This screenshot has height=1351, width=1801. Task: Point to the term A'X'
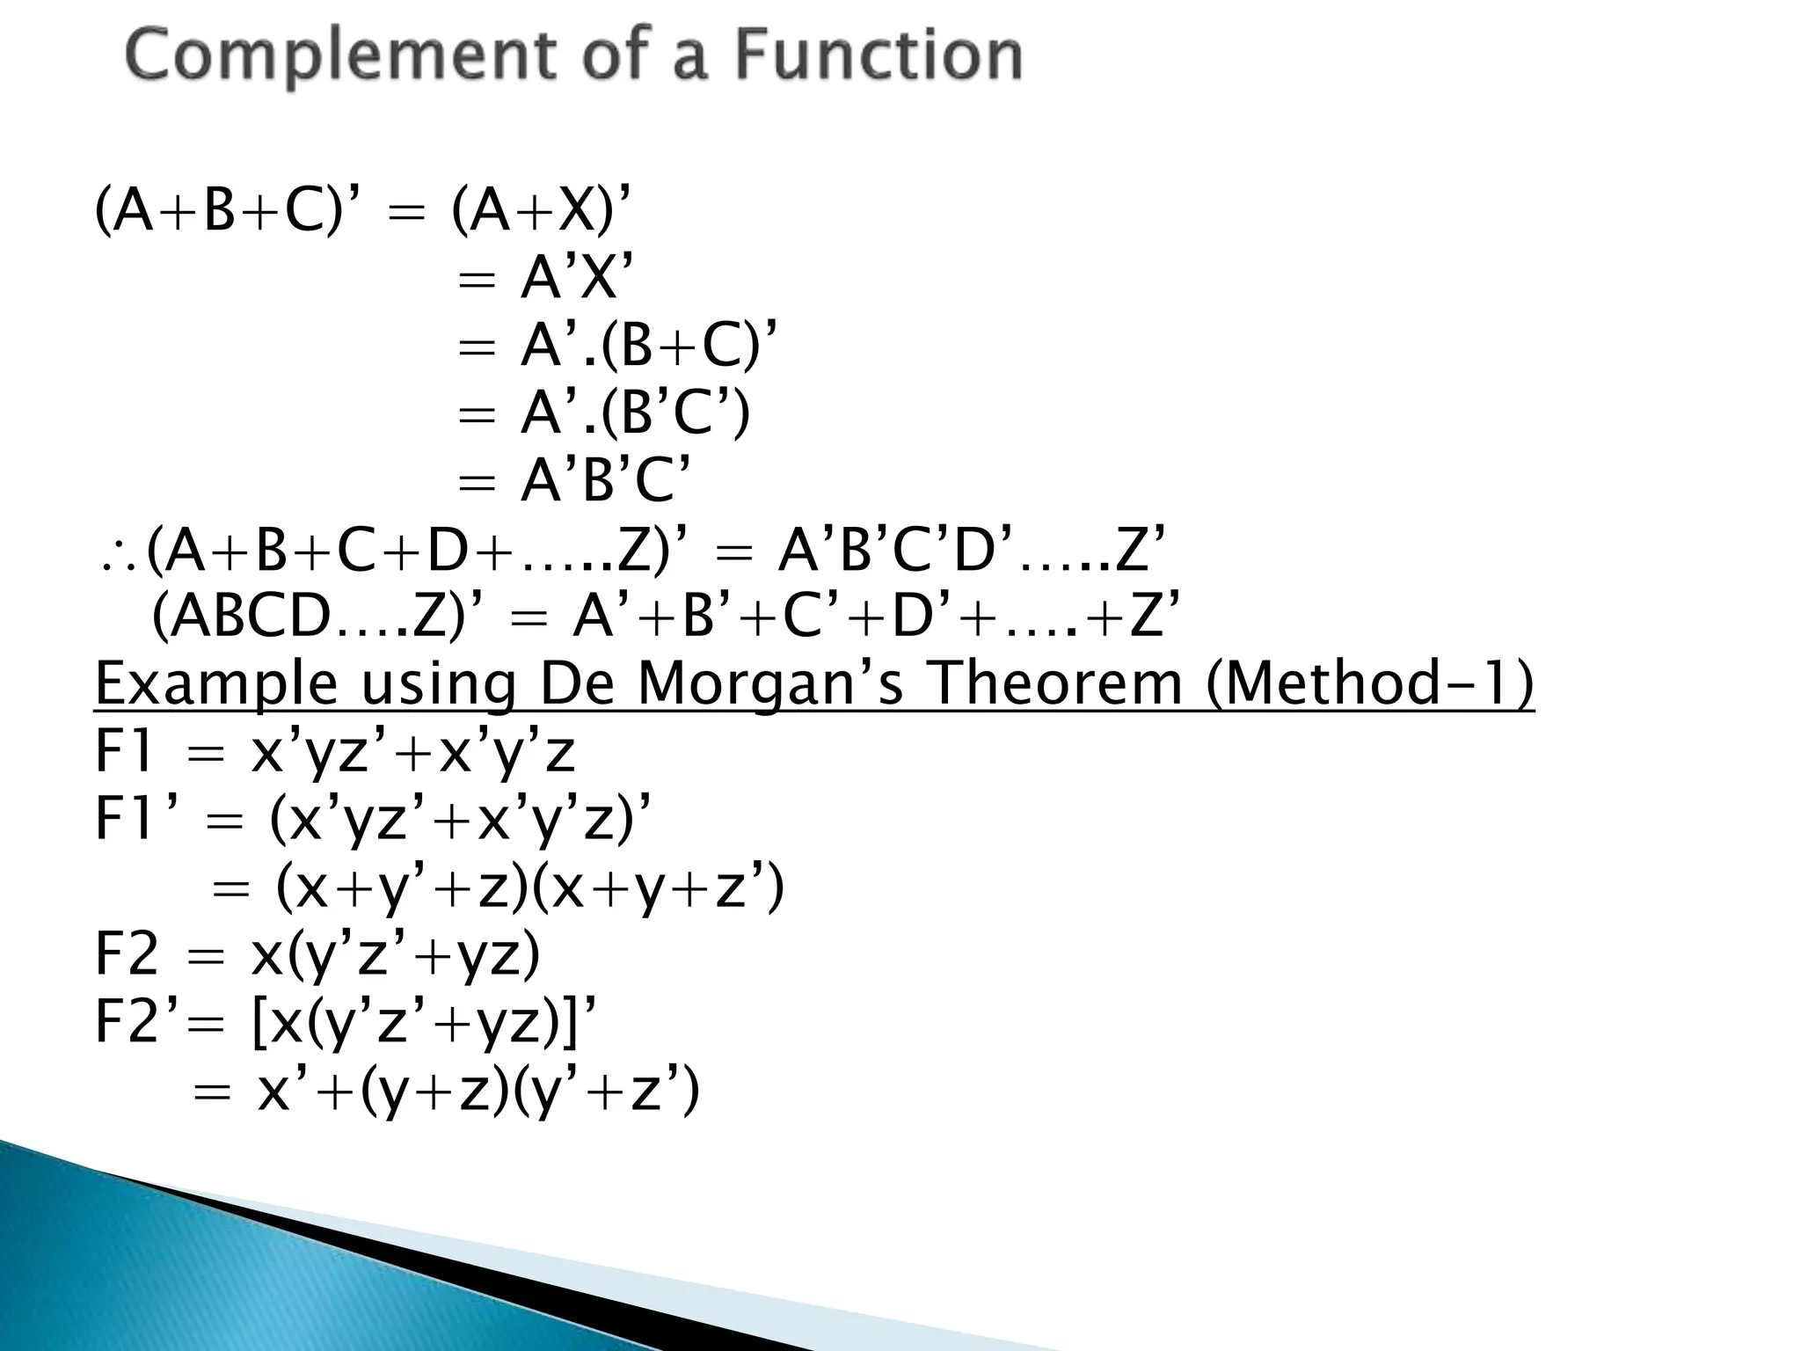pos(576,280)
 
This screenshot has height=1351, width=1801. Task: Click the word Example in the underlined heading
pos(216,684)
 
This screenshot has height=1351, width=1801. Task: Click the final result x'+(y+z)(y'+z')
pos(478,1092)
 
